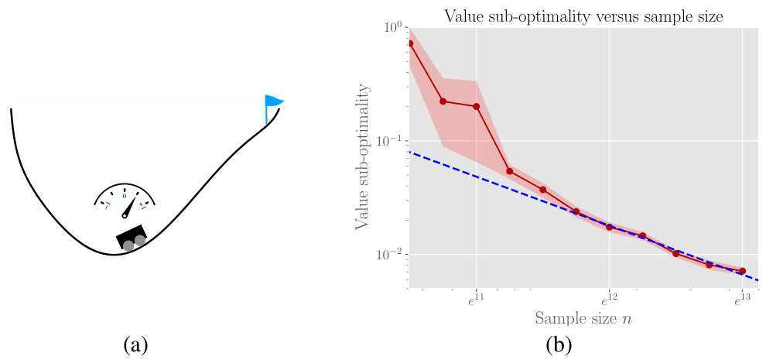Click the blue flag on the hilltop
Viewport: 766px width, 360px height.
point(273,101)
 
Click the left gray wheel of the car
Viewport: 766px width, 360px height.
point(128,245)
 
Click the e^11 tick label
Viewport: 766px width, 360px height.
point(475,300)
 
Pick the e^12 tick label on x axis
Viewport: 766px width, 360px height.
point(609,300)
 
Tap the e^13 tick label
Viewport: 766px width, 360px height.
point(742,300)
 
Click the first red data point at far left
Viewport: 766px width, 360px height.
point(409,43)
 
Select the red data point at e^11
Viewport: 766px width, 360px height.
point(476,107)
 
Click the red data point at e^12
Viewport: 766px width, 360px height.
point(609,227)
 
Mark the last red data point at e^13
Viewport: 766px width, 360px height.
point(742,271)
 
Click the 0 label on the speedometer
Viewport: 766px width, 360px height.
point(125,197)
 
